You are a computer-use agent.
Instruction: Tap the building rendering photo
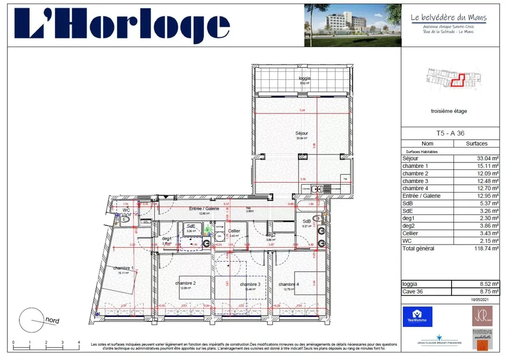353,25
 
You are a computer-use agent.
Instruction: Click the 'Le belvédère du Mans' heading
449,18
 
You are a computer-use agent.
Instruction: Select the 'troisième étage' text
449,111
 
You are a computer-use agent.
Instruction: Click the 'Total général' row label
418,248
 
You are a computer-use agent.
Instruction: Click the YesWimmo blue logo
417,316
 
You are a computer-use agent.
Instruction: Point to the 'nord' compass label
52,320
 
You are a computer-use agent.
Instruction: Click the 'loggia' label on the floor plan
304,78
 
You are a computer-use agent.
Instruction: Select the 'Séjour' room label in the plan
302,133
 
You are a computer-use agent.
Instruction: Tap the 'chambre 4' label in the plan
288,284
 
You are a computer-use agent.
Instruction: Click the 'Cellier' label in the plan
234,231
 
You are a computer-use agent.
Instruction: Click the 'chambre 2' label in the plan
185,283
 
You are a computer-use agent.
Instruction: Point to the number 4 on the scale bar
79,343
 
